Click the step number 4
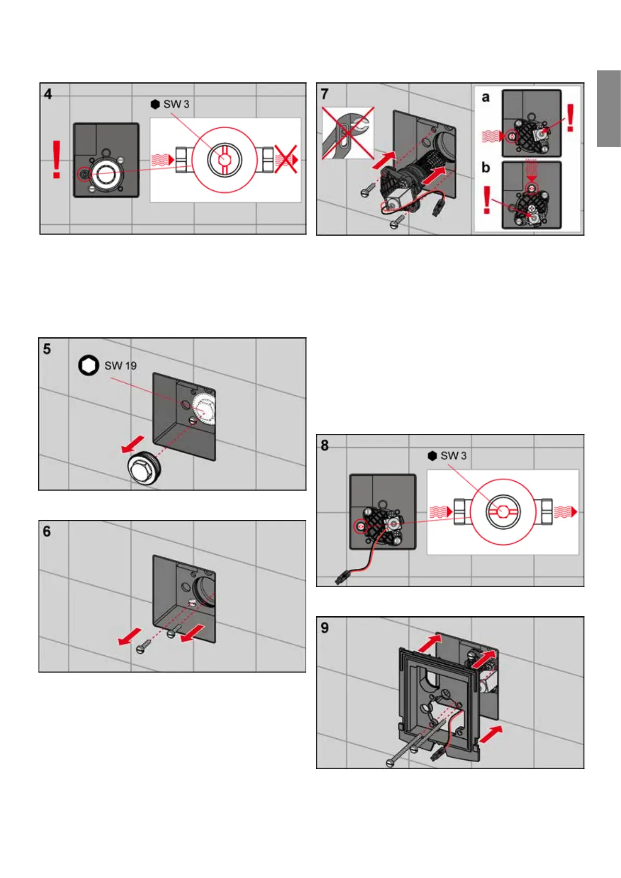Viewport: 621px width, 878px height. (x=48, y=94)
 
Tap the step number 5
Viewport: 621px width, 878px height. (x=47, y=349)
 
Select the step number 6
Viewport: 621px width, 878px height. (x=47, y=531)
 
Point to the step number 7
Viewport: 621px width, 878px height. (x=325, y=94)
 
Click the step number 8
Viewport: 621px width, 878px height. (x=325, y=445)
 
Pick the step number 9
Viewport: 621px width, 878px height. (x=325, y=627)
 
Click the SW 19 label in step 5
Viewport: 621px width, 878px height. (x=120, y=365)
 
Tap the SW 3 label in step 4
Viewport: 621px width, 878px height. (x=176, y=104)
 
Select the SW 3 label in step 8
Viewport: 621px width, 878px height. (x=453, y=456)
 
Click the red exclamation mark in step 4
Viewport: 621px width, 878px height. (x=56, y=159)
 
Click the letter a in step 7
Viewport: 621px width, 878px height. (x=485, y=97)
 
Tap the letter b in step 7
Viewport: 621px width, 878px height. (x=485, y=167)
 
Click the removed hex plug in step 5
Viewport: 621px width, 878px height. (x=143, y=470)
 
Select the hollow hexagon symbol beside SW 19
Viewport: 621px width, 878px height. (x=89, y=365)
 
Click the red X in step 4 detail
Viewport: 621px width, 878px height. (x=286, y=159)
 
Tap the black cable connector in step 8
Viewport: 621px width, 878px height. (x=342, y=578)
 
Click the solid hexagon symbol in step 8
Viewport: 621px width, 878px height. (x=432, y=456)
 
